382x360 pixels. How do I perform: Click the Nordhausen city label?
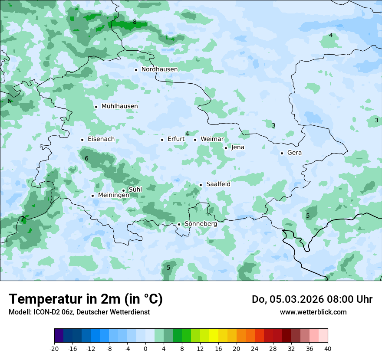(159, 69)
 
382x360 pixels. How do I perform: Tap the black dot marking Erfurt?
(162, 140)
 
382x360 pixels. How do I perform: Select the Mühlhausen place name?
(119, 106)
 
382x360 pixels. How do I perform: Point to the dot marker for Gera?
(282, 153)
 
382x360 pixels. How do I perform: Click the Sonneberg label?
(201, 224)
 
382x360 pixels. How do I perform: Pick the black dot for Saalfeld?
(201, 185)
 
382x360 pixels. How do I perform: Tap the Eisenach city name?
(101, 139)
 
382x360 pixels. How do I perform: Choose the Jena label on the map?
(237, 147)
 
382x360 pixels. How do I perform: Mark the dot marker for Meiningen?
(92, 196)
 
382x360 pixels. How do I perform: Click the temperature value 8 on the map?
(135, 22)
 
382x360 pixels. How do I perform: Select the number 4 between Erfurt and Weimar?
(187, 134)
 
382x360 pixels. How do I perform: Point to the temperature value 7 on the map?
(23, 219)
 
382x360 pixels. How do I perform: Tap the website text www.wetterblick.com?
(313, 312)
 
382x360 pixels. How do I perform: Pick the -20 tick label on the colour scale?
(54, 349)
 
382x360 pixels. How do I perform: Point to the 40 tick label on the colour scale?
(327, 349)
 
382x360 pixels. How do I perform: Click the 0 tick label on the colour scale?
(145, 349)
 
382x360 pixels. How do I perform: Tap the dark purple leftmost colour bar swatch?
(59, 336)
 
